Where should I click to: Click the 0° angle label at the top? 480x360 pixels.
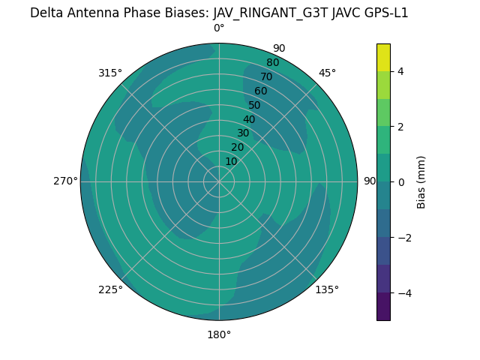(x=219, y=28)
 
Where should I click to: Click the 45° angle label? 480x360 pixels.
(x=327, y=73)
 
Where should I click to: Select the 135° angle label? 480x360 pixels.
(x=327, y=289)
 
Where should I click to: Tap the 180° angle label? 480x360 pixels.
(x=219, y=334)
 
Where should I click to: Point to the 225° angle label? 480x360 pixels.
(x=110, y=289)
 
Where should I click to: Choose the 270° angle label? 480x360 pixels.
(x=65, y=181)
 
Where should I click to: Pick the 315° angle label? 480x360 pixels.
(x=110, y=73)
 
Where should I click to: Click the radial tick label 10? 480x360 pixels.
(x=231, y=161)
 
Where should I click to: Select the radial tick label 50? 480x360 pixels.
(x=254, y=106)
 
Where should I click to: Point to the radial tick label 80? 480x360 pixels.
(x=272, y=63)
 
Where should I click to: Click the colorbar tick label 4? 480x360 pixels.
(x=400, y=71)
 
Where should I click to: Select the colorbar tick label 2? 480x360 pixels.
(x=400, y=127)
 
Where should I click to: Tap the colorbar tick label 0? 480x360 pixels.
(x=400, y=182)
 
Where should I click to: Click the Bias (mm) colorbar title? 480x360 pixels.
(x=421, y=181)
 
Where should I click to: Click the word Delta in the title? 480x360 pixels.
(x=46, y=13)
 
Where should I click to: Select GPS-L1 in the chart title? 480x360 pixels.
(x=382, y=13)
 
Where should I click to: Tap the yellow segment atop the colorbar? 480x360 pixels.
(x=383, y=57)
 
